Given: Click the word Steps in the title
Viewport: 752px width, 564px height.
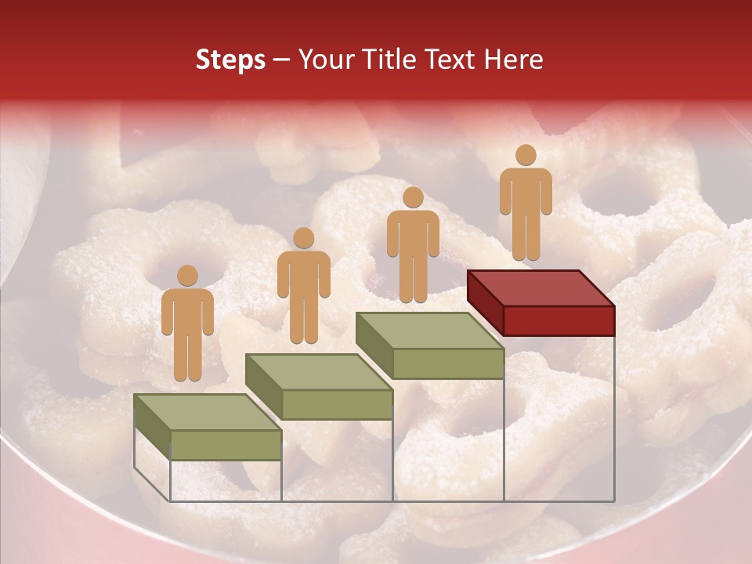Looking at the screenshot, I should tap(230, 60).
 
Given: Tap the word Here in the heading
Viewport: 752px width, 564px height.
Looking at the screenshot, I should tap(513, 60).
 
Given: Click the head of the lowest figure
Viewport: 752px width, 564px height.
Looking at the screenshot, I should tap(187, 276).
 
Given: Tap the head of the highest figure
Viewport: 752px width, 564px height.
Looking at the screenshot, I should tap(526, 155).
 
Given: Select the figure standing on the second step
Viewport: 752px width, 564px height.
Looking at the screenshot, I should tap(303, 286).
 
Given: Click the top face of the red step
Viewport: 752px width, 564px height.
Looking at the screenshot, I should tap(539, 288).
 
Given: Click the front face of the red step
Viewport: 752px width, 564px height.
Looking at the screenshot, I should tap(558, 320).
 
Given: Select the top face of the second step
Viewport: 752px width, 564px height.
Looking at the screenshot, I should tap(318, 371).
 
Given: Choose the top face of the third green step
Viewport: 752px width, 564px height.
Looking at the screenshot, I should tap(428, 331).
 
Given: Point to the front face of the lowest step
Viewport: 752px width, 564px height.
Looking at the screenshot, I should tap(226, 444).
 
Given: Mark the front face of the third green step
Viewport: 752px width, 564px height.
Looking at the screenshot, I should tap(447, 363).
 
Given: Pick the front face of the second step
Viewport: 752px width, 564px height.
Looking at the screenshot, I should tap(337, 403).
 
